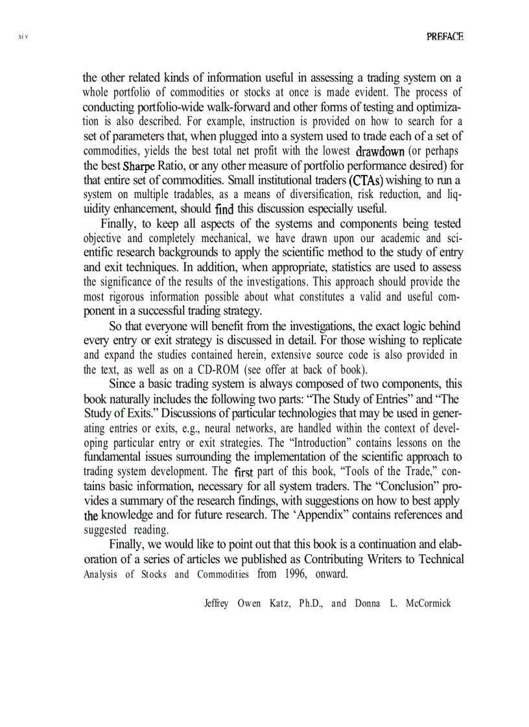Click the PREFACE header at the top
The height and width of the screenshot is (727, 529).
[x=445, y=37]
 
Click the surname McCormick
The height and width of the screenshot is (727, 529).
[x=425, y=603]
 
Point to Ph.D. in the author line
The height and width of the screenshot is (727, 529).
[x=313, y=603]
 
